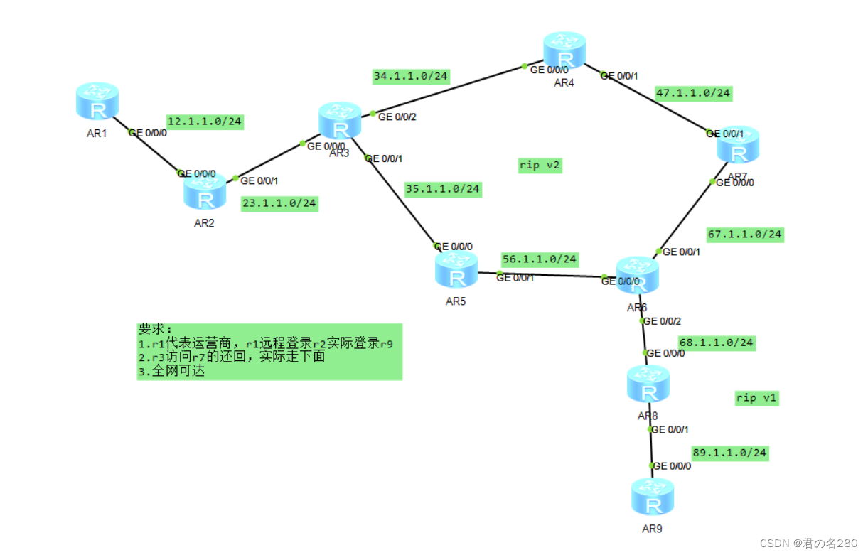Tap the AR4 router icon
pyautogui.click(x=565, y=50)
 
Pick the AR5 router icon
pyautogui.click(x=456, y=271)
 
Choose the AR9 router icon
pyautogui.click(x=652, y=497)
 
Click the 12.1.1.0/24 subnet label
pyautogui.click(x=205, y=122)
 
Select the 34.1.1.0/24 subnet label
pyautogui.click(x=412, y=76)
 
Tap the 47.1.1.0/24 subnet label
pyautogui.click(x=693, y=93)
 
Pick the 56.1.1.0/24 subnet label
pyautogui.click(x=540, y=259)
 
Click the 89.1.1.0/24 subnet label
pyautogui.click(x=730, y=453)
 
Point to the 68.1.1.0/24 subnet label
pyautogui.click(x=716, y=343)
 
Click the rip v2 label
pyautogui.click(x=540, y=166)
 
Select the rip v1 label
pyautogui.click(x=756, y=398)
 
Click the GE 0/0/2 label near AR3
pyautogui.click(x=397, y=117)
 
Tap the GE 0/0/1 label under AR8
pyautogui.click(x=670, y=429)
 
